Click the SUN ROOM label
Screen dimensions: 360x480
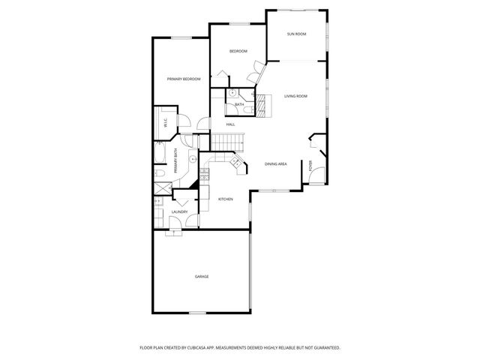[296, 34]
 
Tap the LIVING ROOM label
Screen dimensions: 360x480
[296, 96]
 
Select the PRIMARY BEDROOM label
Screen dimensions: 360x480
[183, 79]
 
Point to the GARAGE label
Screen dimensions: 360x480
[202, 277]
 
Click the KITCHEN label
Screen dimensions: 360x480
[225, 199]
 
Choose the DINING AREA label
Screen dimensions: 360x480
[276, 164]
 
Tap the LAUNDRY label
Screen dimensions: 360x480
[179, 212]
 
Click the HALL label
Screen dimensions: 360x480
[231, 124]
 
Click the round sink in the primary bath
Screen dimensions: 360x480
[193, 159]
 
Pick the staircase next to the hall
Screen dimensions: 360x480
[226, 140]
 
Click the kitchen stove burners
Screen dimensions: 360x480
[204, 177]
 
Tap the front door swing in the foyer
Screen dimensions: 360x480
[317, 176]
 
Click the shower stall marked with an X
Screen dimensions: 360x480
[158, 201]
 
